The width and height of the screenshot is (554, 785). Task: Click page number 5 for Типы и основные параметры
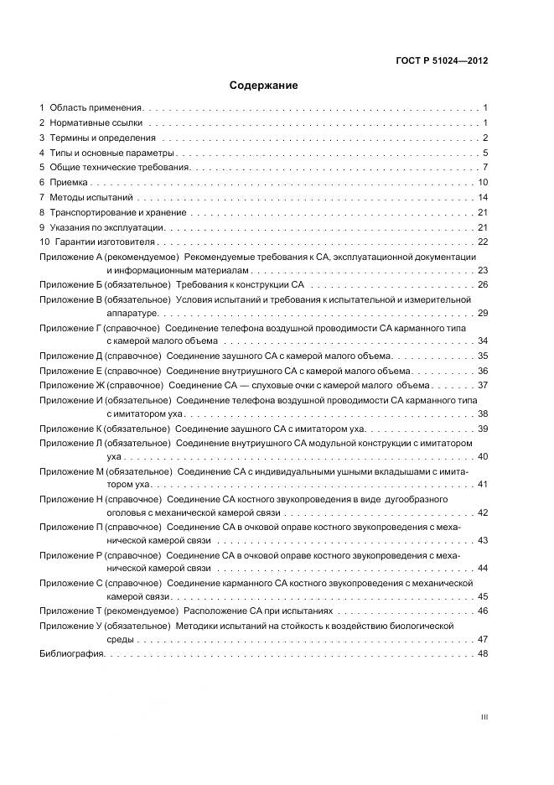(485, 153)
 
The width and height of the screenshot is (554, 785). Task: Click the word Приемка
(69, 182)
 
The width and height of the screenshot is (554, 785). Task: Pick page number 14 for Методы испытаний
(483, 197)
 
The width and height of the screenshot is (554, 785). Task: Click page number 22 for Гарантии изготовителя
(483, 242)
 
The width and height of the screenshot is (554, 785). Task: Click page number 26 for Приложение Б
(483, 285)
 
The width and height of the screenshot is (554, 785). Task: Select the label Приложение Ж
(73, 385)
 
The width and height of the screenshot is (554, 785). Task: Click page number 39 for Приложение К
(483, 429)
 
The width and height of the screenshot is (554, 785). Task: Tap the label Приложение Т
(70, 611)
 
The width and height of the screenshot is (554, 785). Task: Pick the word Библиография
(70, 654)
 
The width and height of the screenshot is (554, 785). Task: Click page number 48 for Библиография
(483, 654)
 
